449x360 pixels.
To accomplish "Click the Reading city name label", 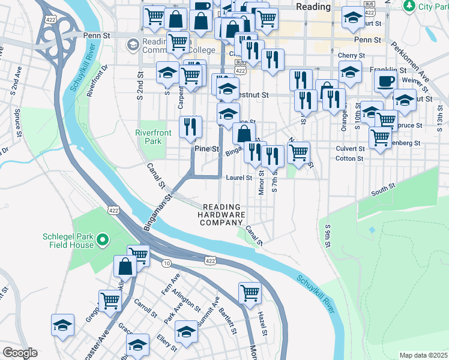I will [313, 7].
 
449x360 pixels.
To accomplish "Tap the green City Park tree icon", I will [410, 6].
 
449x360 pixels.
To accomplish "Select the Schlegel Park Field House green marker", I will [102, 241].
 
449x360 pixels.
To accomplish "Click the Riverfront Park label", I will [149, 137].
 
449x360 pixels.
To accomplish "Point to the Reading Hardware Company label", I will [222, 214].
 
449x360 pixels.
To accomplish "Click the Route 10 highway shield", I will [166, 263].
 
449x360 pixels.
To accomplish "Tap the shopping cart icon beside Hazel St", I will [250, 293].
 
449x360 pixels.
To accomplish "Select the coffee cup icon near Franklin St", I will [385, 81].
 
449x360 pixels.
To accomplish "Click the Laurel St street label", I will [239, 178].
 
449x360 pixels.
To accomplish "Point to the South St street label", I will [383, 190].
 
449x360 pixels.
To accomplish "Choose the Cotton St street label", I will [350, 158].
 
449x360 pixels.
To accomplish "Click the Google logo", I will [20, 353].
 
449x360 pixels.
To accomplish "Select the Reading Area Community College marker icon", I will [133, 45].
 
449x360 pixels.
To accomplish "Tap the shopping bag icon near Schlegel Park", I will [125, 267].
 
